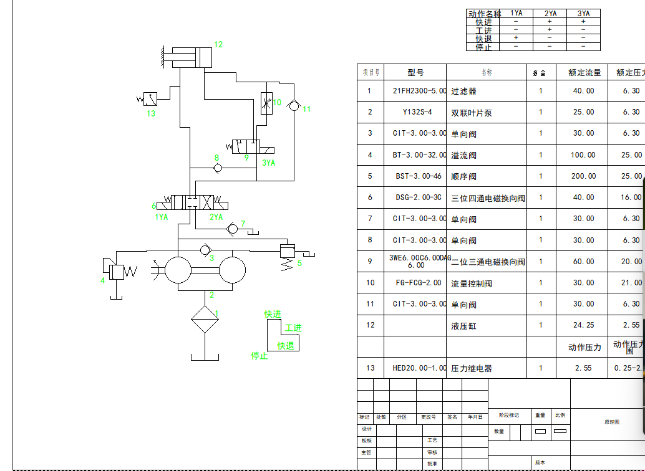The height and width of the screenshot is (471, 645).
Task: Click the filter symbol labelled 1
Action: (205, 320)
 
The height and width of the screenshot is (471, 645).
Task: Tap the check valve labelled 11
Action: (294, 107)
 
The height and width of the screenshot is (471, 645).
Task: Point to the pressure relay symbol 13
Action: (150, 98)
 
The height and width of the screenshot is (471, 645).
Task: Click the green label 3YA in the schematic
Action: (269, 163)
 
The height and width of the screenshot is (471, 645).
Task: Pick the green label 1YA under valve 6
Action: (162, 217)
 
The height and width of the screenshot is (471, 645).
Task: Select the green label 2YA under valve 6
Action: (216, 217)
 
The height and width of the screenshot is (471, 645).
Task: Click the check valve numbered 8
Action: (218, 168)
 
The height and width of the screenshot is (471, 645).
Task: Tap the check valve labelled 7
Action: (233, 229)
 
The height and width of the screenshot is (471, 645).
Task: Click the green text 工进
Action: (293, 328)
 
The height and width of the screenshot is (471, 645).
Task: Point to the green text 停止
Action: (259, 356)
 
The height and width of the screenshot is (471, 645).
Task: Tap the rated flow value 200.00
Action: (583, 176)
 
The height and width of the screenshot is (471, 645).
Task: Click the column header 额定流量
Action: (584, 73)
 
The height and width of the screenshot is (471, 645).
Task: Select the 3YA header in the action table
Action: (583, 13)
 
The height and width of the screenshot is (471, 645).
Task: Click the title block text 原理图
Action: (612, 422)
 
